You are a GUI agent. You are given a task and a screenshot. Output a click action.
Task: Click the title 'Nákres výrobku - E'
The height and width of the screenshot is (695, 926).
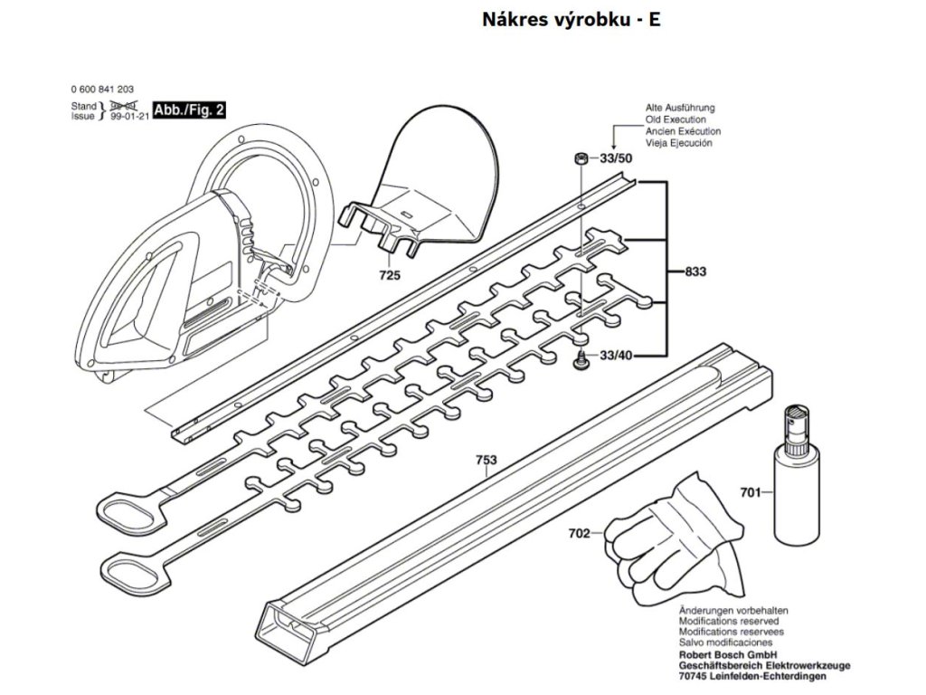click(572, 19)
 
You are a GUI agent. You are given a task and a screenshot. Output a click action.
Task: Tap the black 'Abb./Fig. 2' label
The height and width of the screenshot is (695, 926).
click(190, 110)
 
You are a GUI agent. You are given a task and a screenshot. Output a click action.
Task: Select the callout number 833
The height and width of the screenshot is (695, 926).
click(695, 271)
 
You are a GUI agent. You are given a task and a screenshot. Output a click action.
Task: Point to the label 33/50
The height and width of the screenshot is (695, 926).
click(616, 160)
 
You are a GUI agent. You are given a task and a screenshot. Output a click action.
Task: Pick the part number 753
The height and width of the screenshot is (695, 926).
click(487, 460)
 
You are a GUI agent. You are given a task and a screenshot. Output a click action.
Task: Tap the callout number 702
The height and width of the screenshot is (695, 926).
click(580, 533)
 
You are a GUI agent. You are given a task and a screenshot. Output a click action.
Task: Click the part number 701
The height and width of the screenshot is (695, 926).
click(750, 493)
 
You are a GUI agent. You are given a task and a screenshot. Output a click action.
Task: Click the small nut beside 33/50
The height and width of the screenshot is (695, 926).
click(580, 159)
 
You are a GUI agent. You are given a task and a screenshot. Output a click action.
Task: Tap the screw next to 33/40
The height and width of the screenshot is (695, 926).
click(580, 362)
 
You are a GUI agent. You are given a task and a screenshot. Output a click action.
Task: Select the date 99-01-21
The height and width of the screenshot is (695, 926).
click(129, 117)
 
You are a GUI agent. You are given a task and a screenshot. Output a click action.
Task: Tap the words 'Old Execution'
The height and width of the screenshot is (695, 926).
click(676, 119)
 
